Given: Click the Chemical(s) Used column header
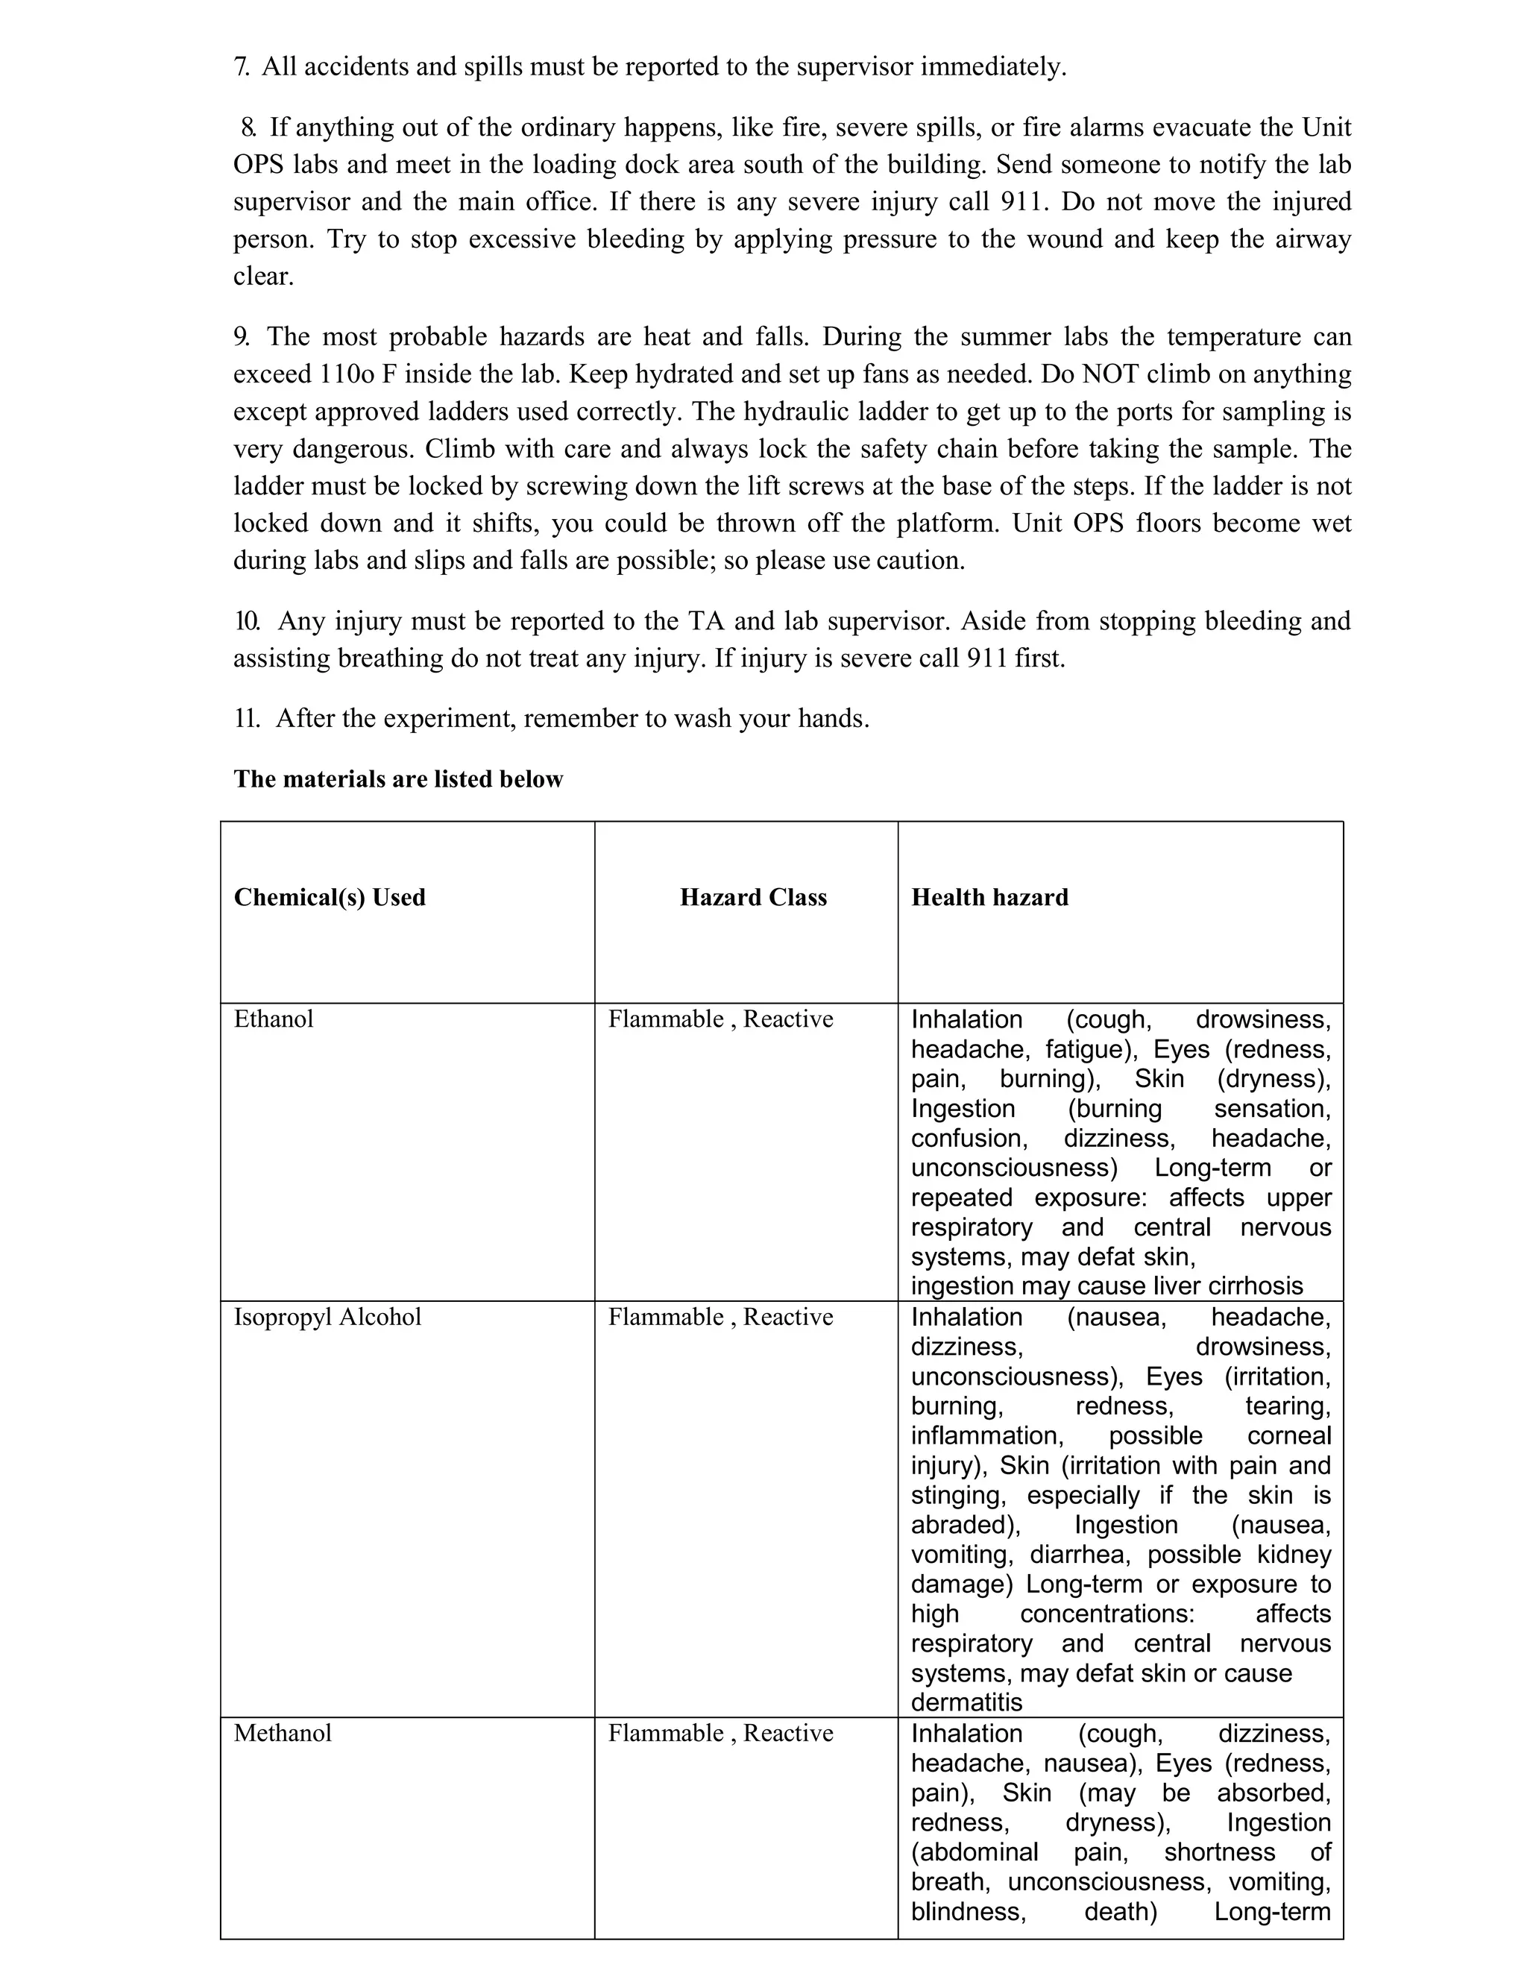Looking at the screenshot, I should [330, 898].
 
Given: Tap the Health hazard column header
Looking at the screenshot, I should [989, 898].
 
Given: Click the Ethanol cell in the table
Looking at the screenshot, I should [273, 1019].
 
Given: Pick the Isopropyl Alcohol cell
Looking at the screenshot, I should [327, 1318].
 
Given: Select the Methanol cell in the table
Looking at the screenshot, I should [283, 1734].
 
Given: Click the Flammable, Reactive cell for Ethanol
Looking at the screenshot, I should [720, 1019].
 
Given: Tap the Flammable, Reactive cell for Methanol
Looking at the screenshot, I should [720, 1734].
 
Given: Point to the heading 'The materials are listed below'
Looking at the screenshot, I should [398, 779].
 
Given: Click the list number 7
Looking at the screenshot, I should [242, 67].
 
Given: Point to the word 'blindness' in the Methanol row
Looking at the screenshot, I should [967, 1911].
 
